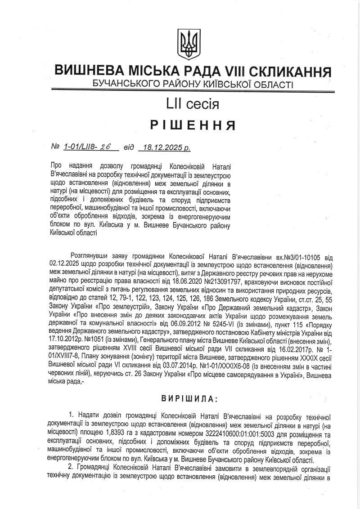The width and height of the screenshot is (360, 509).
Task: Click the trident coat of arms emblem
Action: click(x=185, y=45)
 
